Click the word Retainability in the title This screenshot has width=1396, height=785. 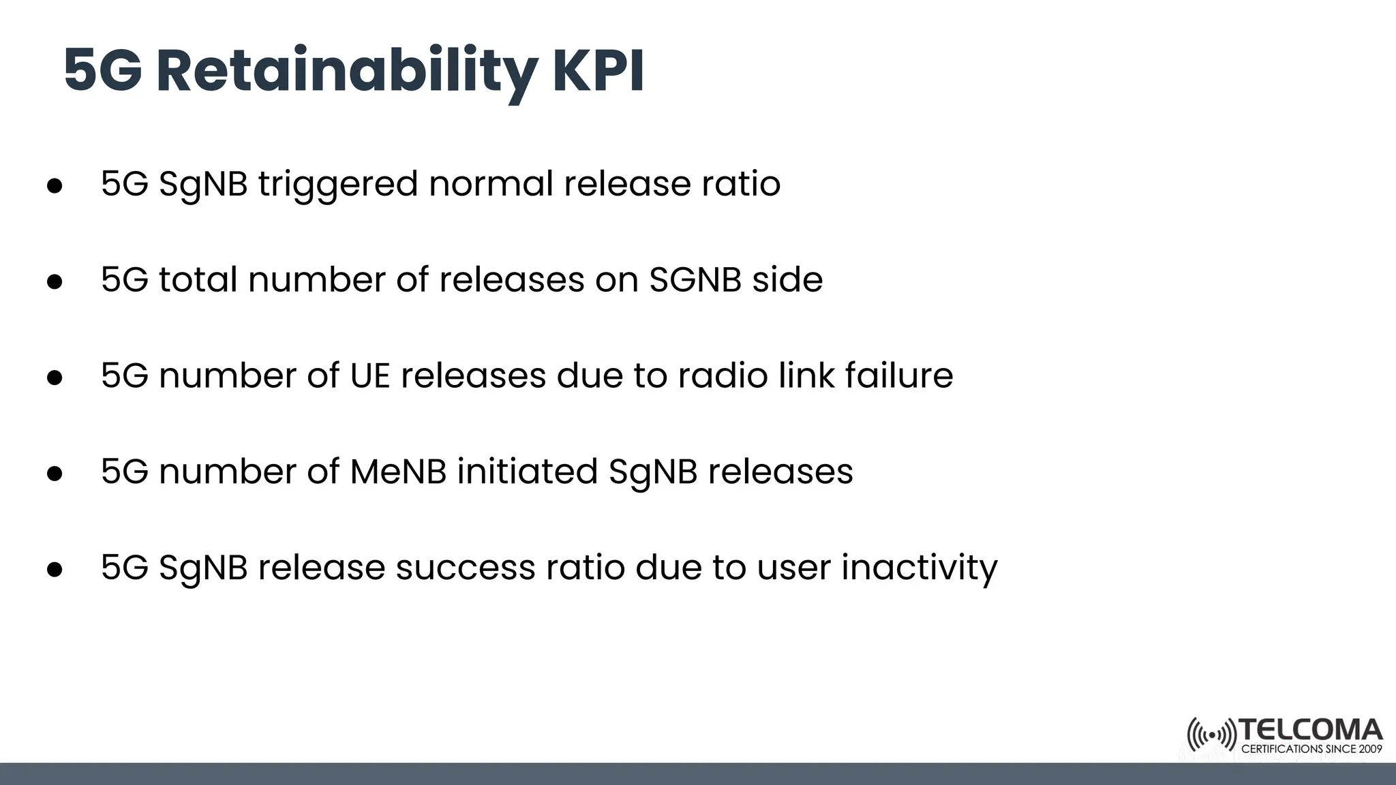346,72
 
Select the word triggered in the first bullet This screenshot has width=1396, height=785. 337,184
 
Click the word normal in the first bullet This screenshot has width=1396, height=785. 491,184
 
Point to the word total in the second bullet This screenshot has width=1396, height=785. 198,280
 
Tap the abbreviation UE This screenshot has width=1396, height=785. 369,376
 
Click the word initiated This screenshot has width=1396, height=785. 527,472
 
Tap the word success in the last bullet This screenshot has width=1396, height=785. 465,568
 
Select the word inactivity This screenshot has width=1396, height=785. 920,568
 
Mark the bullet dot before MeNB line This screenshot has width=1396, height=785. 55,474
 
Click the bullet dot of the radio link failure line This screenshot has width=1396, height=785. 55,378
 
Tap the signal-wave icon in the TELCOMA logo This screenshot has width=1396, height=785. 1211,735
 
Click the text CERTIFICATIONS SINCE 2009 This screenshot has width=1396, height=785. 1311,749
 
